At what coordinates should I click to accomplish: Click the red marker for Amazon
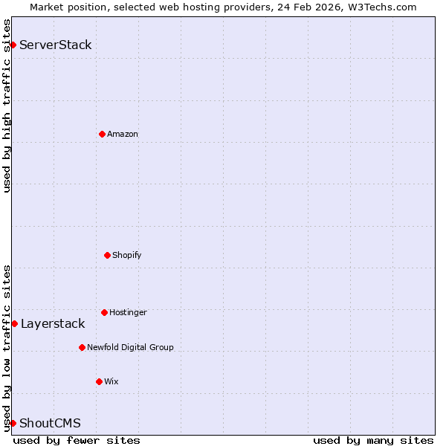[102, 134]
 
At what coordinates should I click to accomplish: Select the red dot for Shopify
[107, 255]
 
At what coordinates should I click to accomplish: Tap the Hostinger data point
[104, 312]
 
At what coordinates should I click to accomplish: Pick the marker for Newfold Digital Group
[82, 347]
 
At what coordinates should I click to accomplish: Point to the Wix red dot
[99, 381]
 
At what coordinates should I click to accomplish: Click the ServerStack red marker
[13, 45]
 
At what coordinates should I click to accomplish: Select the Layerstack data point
[14, 323]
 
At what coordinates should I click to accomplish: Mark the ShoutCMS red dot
[13, 423]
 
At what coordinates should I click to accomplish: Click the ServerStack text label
[56, 45]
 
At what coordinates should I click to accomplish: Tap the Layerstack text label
[53, 323]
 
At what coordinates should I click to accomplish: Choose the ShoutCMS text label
[50, 423]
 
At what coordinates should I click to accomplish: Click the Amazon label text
[123, 134]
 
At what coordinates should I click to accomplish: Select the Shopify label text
[127, 255]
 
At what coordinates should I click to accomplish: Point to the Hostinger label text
[128, 312]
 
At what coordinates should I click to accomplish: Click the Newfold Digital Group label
[130, 347]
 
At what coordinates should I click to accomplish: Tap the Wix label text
[111, 381]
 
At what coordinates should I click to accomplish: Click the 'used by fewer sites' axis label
[77, 440]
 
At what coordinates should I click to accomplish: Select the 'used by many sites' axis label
[373, 440]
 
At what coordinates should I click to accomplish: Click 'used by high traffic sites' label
[7, 106]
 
